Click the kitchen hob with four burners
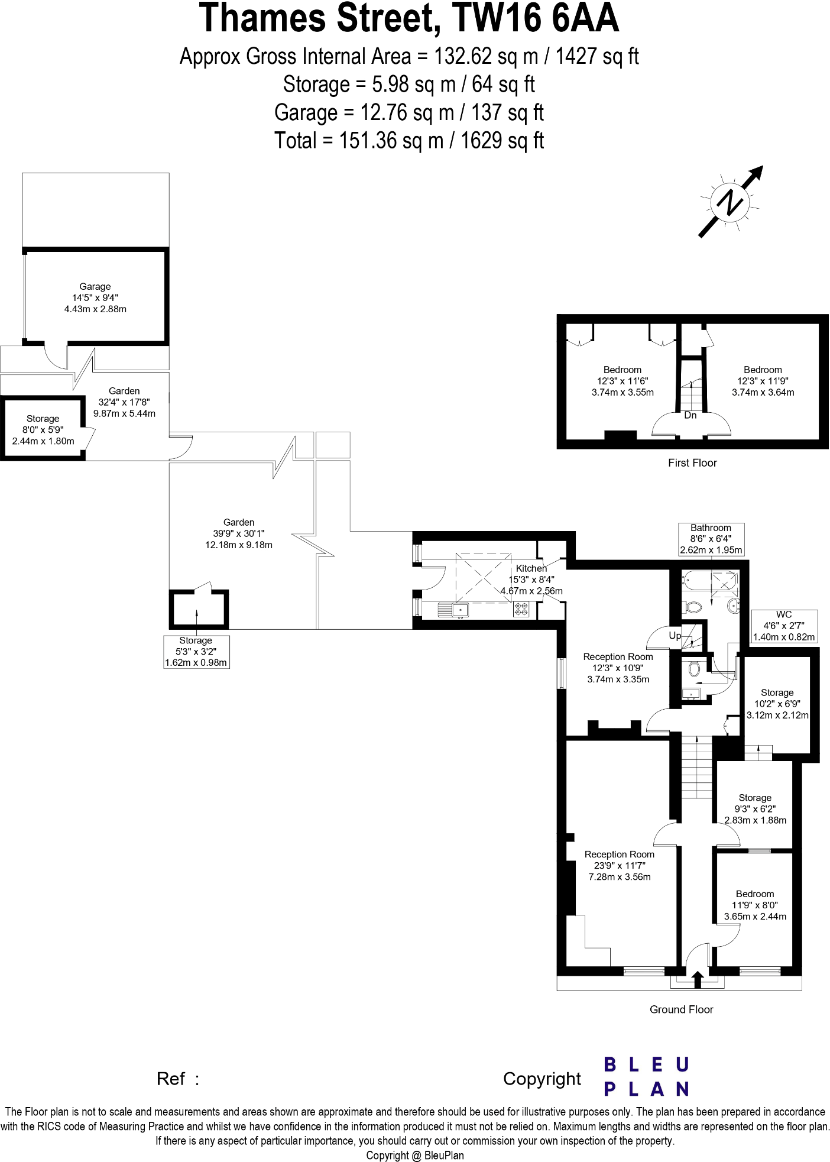(521, 609)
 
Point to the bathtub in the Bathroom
(709, 581)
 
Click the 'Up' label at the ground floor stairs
(675, 636)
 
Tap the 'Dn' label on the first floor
(690, 416)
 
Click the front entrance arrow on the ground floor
(697, 979)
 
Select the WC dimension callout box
(784, 626)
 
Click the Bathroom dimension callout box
(711, 539)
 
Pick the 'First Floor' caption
(692, 463)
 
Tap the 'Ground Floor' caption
(681, 1009)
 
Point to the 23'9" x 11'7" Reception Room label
(619, 865)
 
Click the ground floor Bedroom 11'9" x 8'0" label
(755, 905)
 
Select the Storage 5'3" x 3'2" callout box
(196, 651)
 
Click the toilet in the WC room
(693, 669)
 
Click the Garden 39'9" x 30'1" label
(239, 533)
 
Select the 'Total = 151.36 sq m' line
(408, 141)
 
